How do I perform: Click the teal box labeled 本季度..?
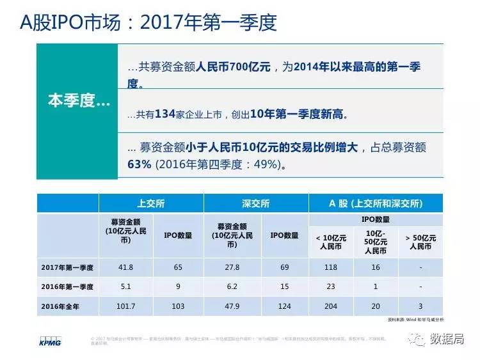[x=77, y=102]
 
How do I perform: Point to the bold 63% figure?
[x=139, y=164]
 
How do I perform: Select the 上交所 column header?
[x=151, y=203]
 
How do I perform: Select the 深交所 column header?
[x=256, y=203]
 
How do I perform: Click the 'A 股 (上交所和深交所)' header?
[x=375, y=203]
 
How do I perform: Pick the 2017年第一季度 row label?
[x=68, y=267]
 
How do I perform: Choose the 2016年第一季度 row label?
[x=68, y=286]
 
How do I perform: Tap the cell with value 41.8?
[x=126, y=267]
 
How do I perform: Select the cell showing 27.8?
[x=230, y=267]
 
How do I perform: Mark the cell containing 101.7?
[x=126, y=306]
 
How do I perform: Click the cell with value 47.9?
[x=230, y=306]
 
